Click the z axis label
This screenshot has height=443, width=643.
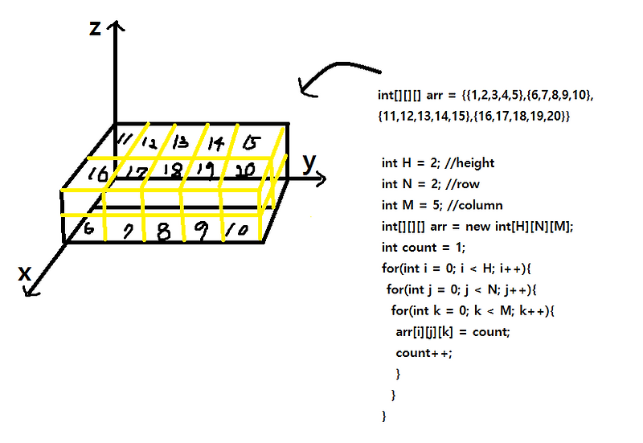pos(95,29)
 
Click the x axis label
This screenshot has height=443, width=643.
pos(25,273)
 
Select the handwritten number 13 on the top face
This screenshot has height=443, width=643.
pos(181,142)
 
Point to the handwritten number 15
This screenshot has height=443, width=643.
pos(252,143)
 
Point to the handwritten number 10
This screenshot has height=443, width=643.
pos(239,232)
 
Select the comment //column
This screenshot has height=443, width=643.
pos(473,204)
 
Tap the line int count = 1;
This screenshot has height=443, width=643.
pos(420,246)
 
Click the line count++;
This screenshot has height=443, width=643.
pos(424,352)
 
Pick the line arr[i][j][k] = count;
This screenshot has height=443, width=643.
pos(453,331)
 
